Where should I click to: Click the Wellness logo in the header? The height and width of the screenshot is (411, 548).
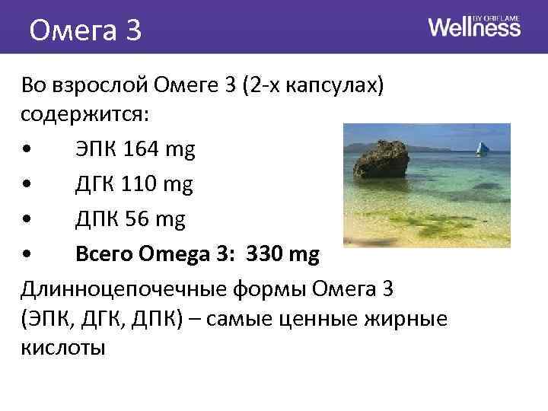[474, 27]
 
